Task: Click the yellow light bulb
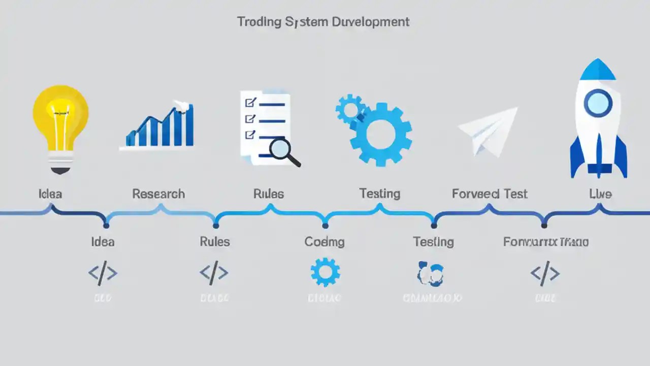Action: (x=60, y=114)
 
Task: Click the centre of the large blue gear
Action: (x=381, y=135)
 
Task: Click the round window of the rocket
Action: (x=598, y=103)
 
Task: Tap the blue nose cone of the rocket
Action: (x=598, y=70)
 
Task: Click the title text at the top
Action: (x=323, y=22)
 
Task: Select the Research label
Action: (x=158, y=194)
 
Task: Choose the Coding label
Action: (x=324, y=242)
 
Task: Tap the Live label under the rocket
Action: (x=600, y=194)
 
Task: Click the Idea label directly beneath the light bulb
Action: (x=50, y=194)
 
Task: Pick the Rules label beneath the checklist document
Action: (x=269, y=194)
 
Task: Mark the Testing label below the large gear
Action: (x=380, y=194)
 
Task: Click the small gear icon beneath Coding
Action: (x=325, y=272)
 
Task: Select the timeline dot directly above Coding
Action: (x=325, y=225)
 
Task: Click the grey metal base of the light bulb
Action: (x=60, y=162)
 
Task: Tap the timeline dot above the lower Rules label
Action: (x=216, y=225)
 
